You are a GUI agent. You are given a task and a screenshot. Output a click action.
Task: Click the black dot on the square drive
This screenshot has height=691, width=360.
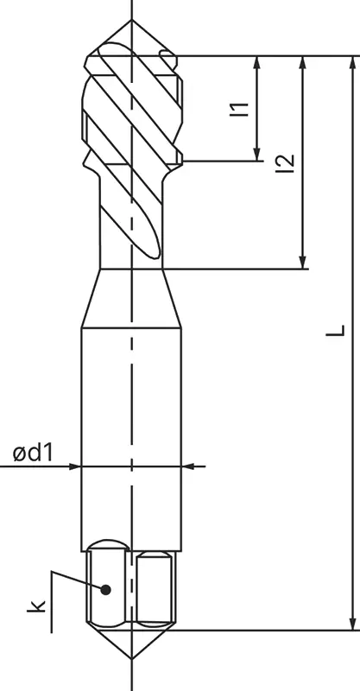pyautogui.click(x=106, y=590)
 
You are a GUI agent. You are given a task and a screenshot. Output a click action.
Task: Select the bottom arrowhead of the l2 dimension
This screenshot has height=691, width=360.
pyautogui.click(x=303, y=262)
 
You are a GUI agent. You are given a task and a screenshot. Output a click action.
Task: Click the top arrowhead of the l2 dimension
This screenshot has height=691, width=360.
pyautogui.click(x=303, y=62)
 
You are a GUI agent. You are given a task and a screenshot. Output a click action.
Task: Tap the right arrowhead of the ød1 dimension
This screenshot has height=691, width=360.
pyautogui.click(x=189, y=466)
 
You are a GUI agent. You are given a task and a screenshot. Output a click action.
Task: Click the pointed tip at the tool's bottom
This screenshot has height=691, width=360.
pyautogui.click(x=131, y=658)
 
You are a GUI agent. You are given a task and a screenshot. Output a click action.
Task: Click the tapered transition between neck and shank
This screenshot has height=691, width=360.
pyautogui.click(x=131, y=298)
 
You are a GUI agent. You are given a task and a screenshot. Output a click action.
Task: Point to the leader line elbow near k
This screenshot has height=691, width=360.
pyautogui.click(x=53, y=573)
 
